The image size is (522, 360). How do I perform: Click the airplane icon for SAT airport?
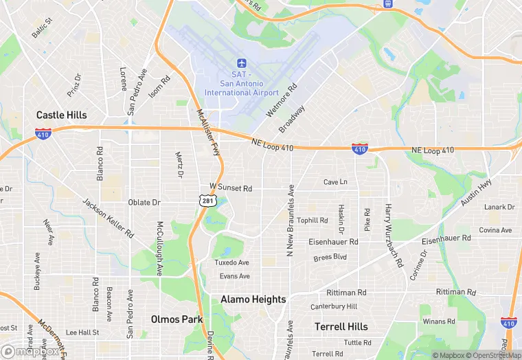[240, 63]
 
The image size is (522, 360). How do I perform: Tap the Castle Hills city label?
[62, 115]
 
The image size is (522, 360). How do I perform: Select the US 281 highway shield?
[208, 200]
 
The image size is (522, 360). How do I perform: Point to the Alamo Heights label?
[253, 300]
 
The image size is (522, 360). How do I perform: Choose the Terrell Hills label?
[341, 326]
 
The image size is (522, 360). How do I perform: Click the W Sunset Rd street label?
[231, 188]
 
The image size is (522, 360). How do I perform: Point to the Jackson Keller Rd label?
[109, 218]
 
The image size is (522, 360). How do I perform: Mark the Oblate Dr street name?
[144, 203]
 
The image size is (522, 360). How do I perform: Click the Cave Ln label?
[335, 182]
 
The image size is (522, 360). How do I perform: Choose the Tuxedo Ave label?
[231, 262]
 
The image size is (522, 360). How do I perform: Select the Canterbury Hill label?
[334, 306]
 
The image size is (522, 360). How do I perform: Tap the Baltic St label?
[41, 28]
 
